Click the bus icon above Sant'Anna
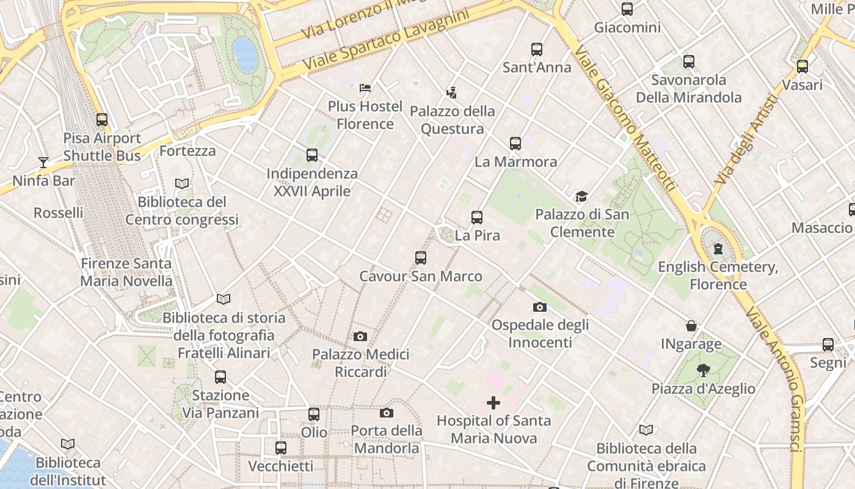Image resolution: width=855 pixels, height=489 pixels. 537,50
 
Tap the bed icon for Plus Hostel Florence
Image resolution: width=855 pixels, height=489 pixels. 365,88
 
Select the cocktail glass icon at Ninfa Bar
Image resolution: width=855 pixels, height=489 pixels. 43,162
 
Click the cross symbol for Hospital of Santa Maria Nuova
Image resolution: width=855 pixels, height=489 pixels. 493,402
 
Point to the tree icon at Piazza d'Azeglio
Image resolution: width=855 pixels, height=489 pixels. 703,370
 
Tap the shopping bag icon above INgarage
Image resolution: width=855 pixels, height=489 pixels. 691,325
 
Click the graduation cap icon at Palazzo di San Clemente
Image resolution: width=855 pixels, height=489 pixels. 581,196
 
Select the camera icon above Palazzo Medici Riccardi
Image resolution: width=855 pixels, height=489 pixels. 360,336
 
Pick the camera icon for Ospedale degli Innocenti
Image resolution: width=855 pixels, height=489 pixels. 540,307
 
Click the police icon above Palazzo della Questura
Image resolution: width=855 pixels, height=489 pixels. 452,93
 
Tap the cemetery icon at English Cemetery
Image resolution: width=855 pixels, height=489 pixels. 718,249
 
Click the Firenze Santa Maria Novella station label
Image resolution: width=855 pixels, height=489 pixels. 126,273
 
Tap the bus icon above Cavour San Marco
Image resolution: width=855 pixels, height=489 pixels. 421,258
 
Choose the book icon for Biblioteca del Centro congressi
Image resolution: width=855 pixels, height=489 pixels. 182,183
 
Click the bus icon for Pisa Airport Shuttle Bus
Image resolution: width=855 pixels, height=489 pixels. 102,120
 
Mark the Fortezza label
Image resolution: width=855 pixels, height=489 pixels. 187,150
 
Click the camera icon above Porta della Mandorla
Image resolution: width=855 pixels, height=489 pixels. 387,413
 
